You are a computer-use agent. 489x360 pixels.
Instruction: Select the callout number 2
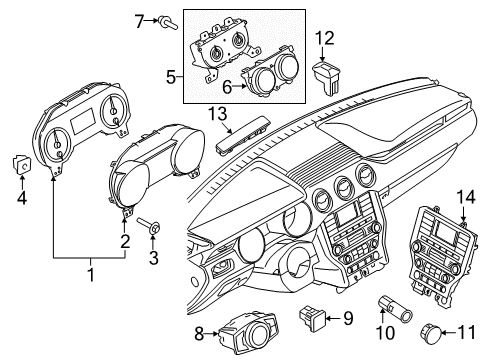[x=126, y=240]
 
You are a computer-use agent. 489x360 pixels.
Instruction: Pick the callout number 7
[x=140, y=19]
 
